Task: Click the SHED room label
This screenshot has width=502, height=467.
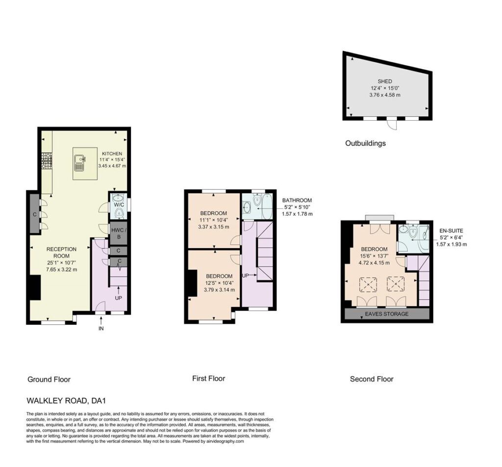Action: pos(384,81)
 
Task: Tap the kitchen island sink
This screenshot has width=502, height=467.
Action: pos(79,163)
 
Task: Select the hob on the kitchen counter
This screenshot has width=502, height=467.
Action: pos(47,161)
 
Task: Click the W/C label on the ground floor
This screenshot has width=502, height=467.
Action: pos(119,204)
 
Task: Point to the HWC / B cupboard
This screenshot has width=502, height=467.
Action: pos(119,233)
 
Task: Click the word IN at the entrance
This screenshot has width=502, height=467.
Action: pos(101,328)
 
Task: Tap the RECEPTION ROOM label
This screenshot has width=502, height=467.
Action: pos(61,253)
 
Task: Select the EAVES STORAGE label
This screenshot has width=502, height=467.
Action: pos(387,314)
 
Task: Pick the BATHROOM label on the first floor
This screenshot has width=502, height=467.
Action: pos(297,200)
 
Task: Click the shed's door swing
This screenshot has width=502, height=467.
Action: pos(393,124)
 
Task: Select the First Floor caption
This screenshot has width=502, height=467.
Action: pos(209,378)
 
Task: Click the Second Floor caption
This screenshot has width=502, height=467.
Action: pos(372,379)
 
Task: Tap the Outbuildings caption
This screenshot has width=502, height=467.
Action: pos(365,143)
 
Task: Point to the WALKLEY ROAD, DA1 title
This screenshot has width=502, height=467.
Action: pos(66,400)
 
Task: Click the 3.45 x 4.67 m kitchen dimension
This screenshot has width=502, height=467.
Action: pos(112,166)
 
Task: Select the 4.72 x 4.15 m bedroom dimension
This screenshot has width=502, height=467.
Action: pos(374,262)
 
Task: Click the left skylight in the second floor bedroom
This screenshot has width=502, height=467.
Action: pos(368,285)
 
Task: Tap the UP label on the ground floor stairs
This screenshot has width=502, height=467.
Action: pos(119,298)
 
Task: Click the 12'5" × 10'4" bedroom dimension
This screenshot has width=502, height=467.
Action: pos(219,283)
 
